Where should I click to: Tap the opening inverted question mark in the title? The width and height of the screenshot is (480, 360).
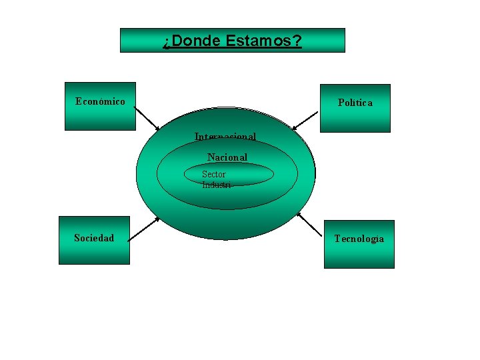click(166, 42)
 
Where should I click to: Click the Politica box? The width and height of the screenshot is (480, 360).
click(355, 117)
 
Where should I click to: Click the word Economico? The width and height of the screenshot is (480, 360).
click(100, 101)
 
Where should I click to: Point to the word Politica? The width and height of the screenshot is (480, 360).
click(355, 103)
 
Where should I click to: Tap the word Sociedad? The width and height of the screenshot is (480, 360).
click(94, 238)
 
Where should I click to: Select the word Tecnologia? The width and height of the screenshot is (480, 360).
click(359, 239)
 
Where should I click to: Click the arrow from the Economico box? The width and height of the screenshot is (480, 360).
click(147, 119)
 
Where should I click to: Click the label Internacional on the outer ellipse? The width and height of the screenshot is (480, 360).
click(225, 137)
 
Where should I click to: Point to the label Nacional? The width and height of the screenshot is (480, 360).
click(227, 157)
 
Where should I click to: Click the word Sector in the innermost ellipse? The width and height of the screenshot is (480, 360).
click(214, 174)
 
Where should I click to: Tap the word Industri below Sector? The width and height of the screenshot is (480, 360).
click(217, 185)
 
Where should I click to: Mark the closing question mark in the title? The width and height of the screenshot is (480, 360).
click(297, 41)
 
